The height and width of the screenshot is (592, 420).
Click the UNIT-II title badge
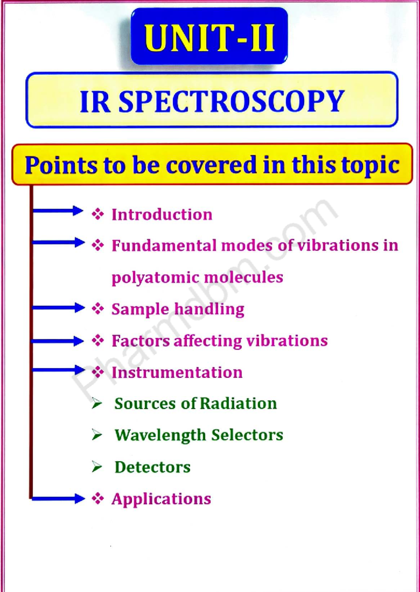click(209, 36)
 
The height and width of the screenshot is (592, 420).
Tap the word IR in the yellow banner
click(95, 101)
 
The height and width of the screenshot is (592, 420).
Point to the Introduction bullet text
click(162, 214)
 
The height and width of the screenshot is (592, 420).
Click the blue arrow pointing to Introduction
click(58, 211)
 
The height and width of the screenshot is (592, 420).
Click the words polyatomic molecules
click(197, 278)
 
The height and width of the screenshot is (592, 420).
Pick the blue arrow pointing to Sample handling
click(58, 308)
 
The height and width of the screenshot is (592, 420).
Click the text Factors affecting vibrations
click(219, 340)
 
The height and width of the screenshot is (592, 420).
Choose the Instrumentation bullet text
click(177, 372)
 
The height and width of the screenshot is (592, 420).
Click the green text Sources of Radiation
click(196, 403)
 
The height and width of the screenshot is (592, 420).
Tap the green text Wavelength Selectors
click(199, 435)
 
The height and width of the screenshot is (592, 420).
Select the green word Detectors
click(153, 467)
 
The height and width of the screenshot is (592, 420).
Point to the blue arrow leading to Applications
click(58, 499)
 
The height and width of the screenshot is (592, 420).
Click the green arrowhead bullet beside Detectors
click(97, 467)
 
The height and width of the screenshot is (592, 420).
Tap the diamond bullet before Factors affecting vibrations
click(98, 340)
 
